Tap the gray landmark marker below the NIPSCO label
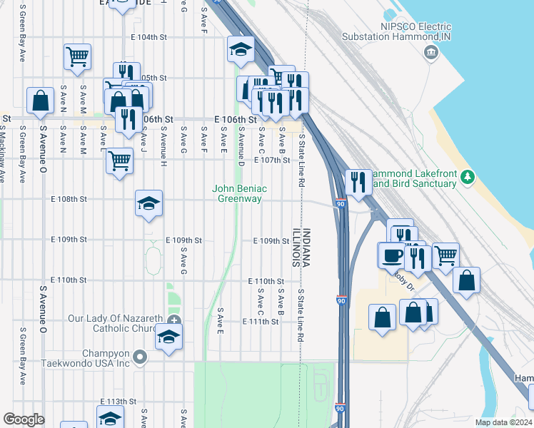pyautogui.click(x=430, y=52)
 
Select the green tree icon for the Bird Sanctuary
pyautogui.click(x=468, y=176)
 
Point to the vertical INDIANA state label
pyautogui.click(x=306, y=248)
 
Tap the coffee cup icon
pyautogui.click(x=391, y=255)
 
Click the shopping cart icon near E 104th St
pyautogui.click(x=77, y=56)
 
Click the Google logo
pyautogui.click(x=24, y=419)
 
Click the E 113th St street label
pyautogui.click(x=118, y=402)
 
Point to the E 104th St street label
pyautogui.click(x=148, y=36)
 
